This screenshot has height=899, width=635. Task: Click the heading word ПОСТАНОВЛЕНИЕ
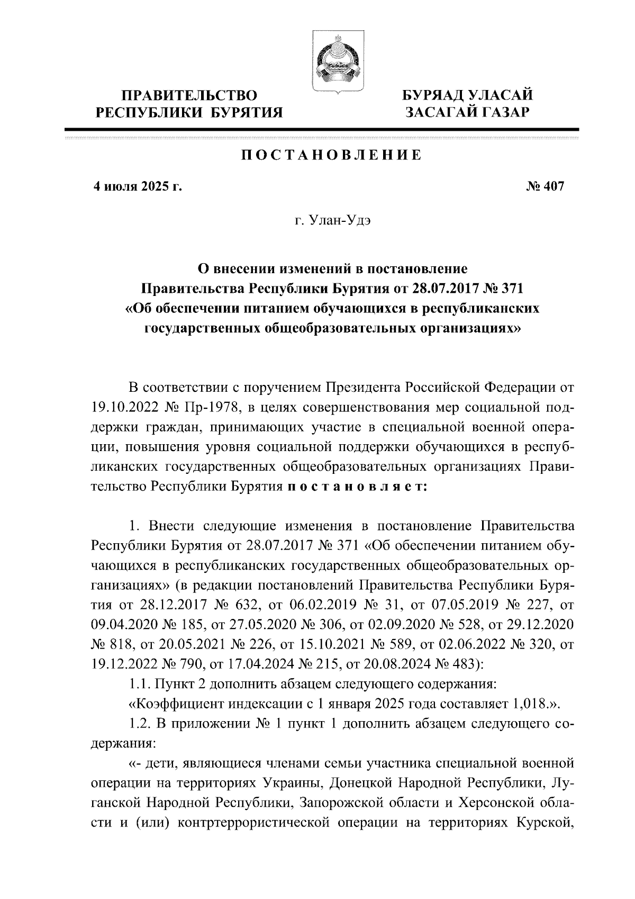tap(331, 155)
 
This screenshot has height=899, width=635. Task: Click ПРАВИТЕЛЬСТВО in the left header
tap(190, 96)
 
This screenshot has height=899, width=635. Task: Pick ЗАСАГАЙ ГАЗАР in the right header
tap(467, 112)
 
